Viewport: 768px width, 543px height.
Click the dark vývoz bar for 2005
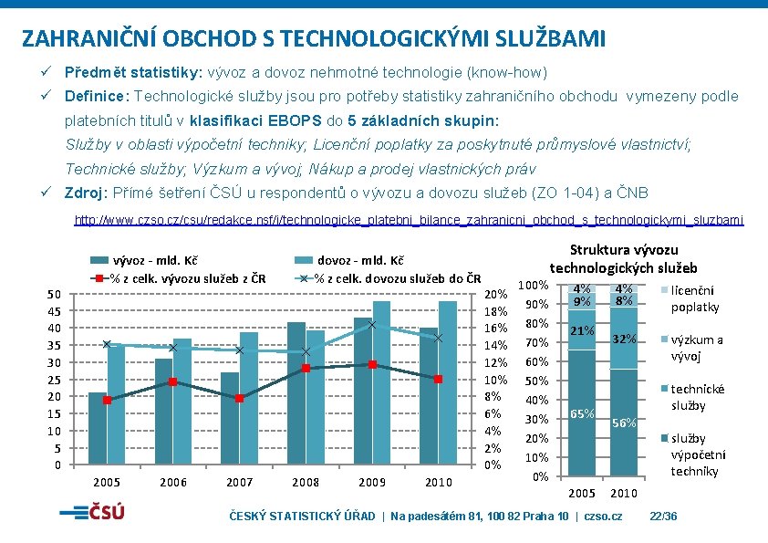pyautogui.click(x=98, y=428)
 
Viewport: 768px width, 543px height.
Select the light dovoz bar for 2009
pyautogui.click(x=381, y=382)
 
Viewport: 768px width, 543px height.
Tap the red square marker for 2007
pyautogui.click(x=240, y=399)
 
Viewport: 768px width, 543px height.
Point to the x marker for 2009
pyautogui.click(x=372, y=324)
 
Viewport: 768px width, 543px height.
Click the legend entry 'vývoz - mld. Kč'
pyautogui.click(x=144, y=260)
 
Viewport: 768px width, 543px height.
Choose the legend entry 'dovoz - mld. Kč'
pyautogui.click(x=349, y=260)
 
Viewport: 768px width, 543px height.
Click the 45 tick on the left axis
pyautogui.click(x=55, y=311)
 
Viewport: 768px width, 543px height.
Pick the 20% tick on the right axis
pyautogui.click(x=495, y=294)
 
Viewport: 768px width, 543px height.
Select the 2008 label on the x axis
pyautogui.click(x=306, y=482)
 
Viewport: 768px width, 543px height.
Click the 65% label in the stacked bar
pyautogui.click(x=582, y=413)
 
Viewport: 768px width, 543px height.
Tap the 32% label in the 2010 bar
pyautogui.click(x=624, y=339)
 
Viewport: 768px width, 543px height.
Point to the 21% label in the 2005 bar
pyautogui.click(x=582, y=330)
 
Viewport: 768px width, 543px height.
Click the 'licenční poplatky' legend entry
pyautogui.click(x=690, y=298)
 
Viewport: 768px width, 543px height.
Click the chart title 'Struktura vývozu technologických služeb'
pyautogui.click(x=624, y=259)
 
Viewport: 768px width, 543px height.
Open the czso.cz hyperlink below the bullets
pyautogui.click(x=409, y=220)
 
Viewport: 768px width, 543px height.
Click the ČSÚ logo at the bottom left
pyautogui.click(x=92, y=512)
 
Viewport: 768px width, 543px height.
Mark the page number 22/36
pyautogui.click(x=663, y=516)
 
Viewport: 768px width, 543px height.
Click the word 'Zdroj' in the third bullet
pyautogui.click(x=83, y=193)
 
